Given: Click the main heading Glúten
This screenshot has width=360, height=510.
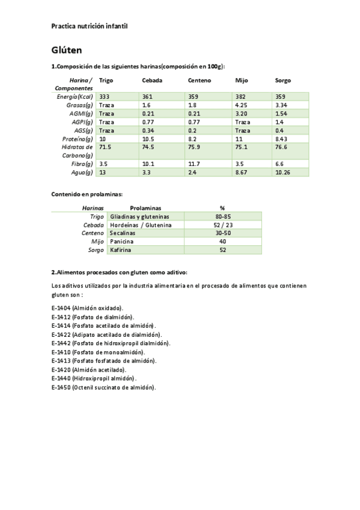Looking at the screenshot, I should point(66,50).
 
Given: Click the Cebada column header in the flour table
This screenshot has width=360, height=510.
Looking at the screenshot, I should point(152,81).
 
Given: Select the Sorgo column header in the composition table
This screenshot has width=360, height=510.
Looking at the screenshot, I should point(283,81).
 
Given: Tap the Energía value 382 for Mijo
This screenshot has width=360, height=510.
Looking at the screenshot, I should point(241,96).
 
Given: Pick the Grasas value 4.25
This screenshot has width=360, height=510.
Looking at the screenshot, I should point(242,105).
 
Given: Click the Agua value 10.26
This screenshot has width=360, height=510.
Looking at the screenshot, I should point(283,172).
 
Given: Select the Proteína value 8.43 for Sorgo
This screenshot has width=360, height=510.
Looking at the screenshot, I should point(281,138).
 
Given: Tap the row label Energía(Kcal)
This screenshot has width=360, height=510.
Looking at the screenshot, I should point(75,96).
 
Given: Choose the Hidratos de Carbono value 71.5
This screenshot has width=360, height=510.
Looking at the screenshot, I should point(105,147).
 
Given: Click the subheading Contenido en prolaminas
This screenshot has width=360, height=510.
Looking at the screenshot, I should point(87,194).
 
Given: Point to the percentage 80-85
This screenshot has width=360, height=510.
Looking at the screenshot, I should point(222,216).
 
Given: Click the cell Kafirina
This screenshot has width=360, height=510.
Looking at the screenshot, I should point(120,250).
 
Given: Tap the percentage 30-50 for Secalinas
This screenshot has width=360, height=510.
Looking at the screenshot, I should point(222,233).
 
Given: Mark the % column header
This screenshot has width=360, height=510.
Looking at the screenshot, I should point(222,207).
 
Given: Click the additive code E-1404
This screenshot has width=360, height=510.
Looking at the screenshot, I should point(61,307).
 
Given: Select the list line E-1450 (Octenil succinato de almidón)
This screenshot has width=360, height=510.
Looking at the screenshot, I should point(103,387).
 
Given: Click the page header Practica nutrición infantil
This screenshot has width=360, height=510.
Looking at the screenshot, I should point(90,26).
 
